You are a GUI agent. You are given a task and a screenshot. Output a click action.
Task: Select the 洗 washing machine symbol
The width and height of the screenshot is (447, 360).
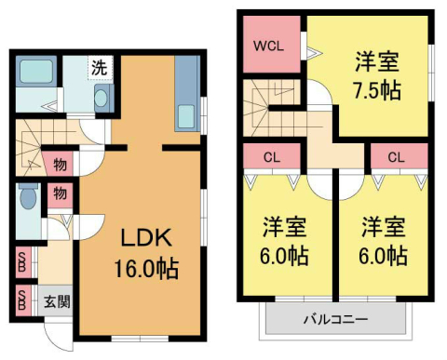click(98, 67)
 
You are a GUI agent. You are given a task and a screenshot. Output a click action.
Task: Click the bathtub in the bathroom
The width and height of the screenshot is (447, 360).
click(35, 73)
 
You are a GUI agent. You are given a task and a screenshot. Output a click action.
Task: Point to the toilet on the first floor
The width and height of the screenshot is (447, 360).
click(27, 198)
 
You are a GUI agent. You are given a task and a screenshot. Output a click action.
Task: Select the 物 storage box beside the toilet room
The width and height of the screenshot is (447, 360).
click(59, 195)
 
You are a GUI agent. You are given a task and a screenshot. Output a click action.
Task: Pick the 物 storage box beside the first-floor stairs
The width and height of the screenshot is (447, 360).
click(59, 165)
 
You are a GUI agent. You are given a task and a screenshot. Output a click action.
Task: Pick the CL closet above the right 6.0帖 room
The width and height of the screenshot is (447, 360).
click(395, 156)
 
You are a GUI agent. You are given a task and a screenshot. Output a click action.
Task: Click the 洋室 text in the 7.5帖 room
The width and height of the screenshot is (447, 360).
click(377, 64)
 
